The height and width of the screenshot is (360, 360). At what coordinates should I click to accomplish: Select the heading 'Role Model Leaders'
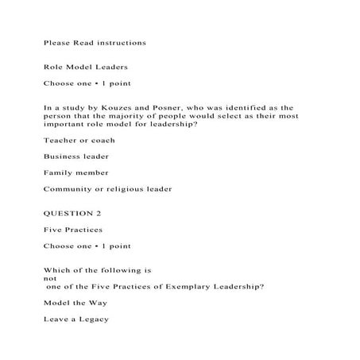point(85,67)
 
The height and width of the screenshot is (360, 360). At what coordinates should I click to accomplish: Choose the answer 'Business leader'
point(76,156)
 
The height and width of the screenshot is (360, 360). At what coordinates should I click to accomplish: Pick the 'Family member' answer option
point(75,172)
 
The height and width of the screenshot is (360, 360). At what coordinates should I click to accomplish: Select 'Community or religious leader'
point(107,189)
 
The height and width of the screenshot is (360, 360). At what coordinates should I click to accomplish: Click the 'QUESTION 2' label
point(72,213)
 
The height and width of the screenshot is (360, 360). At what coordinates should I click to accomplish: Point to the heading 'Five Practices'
point(73,229)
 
